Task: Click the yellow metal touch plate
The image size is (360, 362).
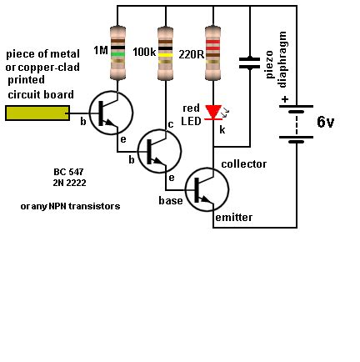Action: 37,112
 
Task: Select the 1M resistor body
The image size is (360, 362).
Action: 117,53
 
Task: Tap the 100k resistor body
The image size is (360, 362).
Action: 166,53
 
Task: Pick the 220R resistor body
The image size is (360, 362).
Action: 213,53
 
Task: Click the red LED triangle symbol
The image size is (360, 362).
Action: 213,112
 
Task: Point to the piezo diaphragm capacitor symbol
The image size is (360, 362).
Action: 248,62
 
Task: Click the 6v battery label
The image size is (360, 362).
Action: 325,122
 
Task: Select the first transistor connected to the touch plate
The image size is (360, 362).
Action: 109,113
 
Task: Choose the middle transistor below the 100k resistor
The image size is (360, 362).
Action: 157,151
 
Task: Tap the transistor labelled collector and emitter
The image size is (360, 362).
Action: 206,189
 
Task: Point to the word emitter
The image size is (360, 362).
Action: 234,218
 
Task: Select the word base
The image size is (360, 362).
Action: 171,201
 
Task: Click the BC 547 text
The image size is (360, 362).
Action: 69,171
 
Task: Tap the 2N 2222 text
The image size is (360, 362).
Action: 69,183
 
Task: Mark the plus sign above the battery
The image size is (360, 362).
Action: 285,99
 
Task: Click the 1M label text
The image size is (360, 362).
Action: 101,51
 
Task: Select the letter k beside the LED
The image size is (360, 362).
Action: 222,130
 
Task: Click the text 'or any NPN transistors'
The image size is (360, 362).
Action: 70,205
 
